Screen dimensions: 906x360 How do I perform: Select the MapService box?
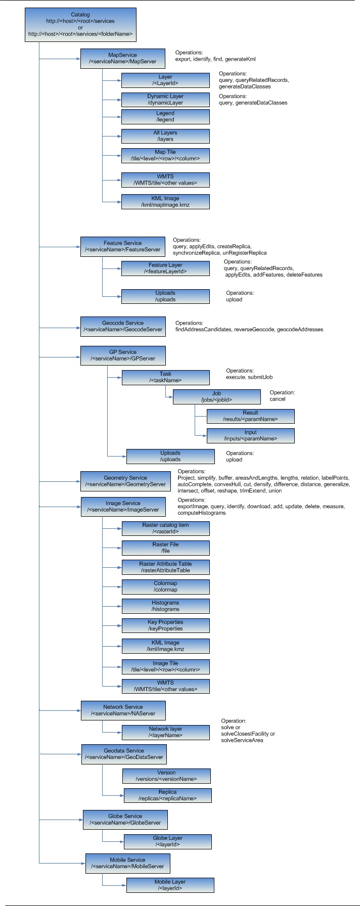(x=123, y=58)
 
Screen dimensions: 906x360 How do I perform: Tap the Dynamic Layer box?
(x=165, y=99)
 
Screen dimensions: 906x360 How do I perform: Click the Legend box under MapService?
(x=165, y=116)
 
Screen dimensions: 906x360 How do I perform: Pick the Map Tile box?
(x=165, y=155)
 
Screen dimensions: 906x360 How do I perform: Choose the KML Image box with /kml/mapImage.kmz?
(x=165, y=202)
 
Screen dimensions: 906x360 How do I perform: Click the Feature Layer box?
(x=165, y=268)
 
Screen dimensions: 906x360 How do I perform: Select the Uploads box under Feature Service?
(x=165, y=296)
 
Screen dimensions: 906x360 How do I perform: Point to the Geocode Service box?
(x=123, y=326)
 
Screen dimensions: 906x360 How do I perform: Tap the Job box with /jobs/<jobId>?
(x=217, y=396)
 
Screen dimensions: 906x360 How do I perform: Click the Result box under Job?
(x=250, y=416)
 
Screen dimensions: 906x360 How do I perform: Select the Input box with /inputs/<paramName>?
(x=250, y=435)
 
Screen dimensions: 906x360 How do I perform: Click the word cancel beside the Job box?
(x=278, y=399)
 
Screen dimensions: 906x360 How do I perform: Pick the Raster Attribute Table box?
(x=165, y=567)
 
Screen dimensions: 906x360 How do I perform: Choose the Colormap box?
(x=165, y=586)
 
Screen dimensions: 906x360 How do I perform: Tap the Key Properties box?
(x=165, y=625)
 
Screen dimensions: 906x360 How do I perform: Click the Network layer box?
(x=165, y=732)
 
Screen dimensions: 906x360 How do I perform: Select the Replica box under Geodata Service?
(x=167, y=795)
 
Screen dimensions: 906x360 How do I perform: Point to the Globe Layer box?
(x=167, y=841)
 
